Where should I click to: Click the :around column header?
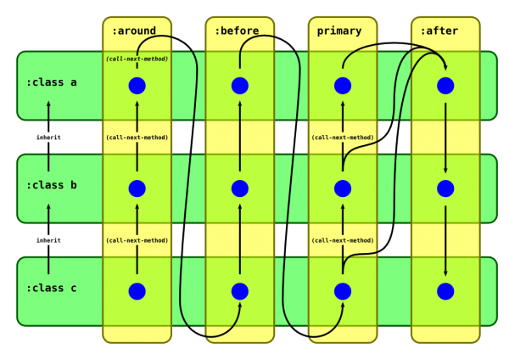pos(134,31)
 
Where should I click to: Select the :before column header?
pos(237,31)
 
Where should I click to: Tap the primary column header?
pos(339,31)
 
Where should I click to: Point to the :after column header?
pos(439,31)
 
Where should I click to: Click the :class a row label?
pos(52,82)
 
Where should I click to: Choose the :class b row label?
pos(52,185)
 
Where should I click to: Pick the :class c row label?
pos(52,288)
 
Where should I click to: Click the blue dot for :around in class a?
pos(137,86)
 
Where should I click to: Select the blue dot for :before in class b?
pos(240,188)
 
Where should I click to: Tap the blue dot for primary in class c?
pos(343,291)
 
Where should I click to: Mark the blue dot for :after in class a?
pos(445,86)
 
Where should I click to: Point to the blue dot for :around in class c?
pos(137,291)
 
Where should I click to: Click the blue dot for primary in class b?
pos(343,188)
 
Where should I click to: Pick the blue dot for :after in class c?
pos(445,291)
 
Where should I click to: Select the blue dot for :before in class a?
pos(240,86)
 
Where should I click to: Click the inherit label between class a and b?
pos(48,138)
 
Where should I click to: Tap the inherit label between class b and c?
pos(48,240)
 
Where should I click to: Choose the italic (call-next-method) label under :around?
pos(137,59)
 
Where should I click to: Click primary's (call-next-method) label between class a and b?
pos(343,138)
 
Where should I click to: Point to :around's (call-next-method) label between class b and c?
pos(137,240)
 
